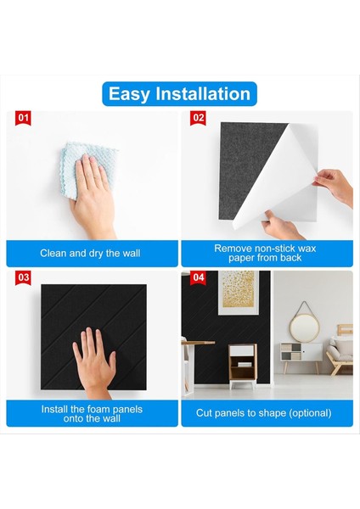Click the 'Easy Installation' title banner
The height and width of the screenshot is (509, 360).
179,93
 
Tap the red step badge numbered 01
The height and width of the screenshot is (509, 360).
24,118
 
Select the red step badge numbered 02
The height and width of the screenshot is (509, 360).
198,118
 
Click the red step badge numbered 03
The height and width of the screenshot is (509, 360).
24,277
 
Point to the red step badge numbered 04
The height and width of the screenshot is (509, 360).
198,277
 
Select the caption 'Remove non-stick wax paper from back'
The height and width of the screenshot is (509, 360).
267,253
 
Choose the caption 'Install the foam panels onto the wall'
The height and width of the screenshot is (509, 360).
93,413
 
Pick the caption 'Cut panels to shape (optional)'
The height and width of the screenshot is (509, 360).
267,413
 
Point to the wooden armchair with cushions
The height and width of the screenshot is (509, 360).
342,352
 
